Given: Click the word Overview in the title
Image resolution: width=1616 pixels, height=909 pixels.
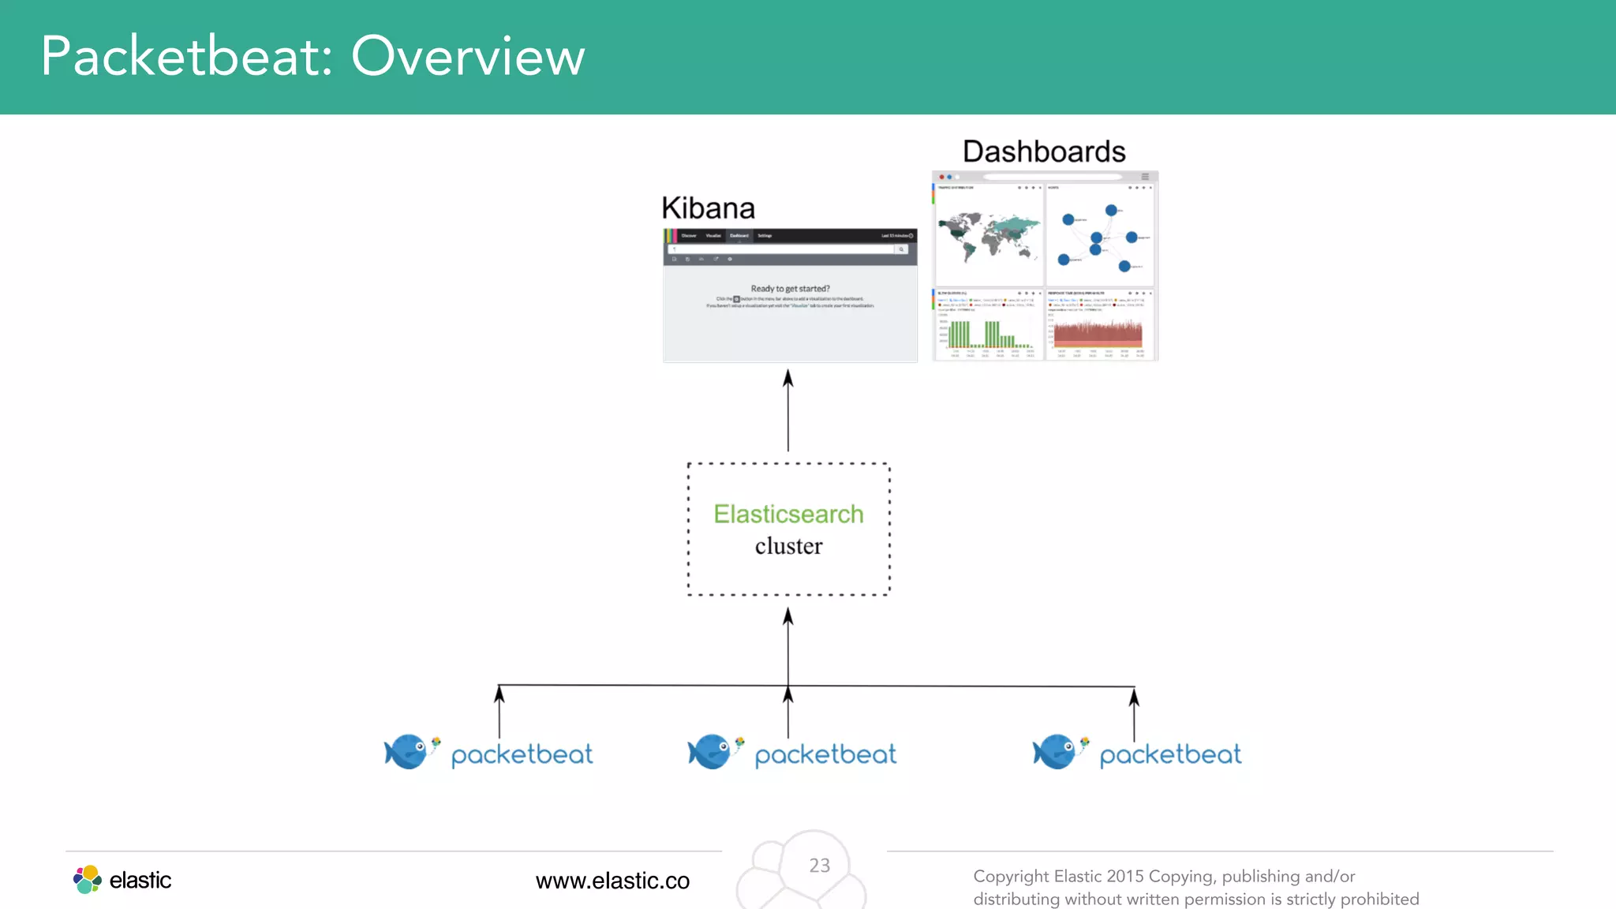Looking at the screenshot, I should (468, 57).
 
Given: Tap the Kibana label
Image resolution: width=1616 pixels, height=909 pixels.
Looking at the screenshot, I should (708, 208).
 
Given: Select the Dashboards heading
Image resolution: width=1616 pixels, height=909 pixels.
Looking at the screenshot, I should (1043, 151).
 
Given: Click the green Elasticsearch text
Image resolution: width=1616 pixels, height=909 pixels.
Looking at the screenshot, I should (788, 514).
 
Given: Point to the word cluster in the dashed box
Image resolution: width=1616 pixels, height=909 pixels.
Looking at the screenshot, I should (788, 546).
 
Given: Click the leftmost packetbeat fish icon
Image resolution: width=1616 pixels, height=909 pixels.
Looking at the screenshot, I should (406, 751).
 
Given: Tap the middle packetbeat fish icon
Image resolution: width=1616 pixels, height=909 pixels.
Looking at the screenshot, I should (710, 751).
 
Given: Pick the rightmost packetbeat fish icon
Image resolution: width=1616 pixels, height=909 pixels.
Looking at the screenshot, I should (1055, 751).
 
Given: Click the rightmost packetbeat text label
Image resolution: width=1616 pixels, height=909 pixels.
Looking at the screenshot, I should (1170, 755).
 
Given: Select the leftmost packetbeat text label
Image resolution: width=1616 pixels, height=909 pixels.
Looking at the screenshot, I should (522, 755).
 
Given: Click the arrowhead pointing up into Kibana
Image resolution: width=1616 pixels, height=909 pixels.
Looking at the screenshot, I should (787, 379).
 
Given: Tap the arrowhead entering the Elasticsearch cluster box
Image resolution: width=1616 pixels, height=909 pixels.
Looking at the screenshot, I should (787, 616).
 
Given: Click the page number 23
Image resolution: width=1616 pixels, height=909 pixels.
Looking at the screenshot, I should (819, 866).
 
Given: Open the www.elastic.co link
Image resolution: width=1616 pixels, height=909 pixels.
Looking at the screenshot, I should (612, 881).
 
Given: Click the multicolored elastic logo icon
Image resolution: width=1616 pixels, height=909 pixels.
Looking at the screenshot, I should (88, 879).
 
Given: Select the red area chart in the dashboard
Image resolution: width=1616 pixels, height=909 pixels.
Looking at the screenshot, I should (1098, 334).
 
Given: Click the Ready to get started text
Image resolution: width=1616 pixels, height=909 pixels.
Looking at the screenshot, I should (790, 289).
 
